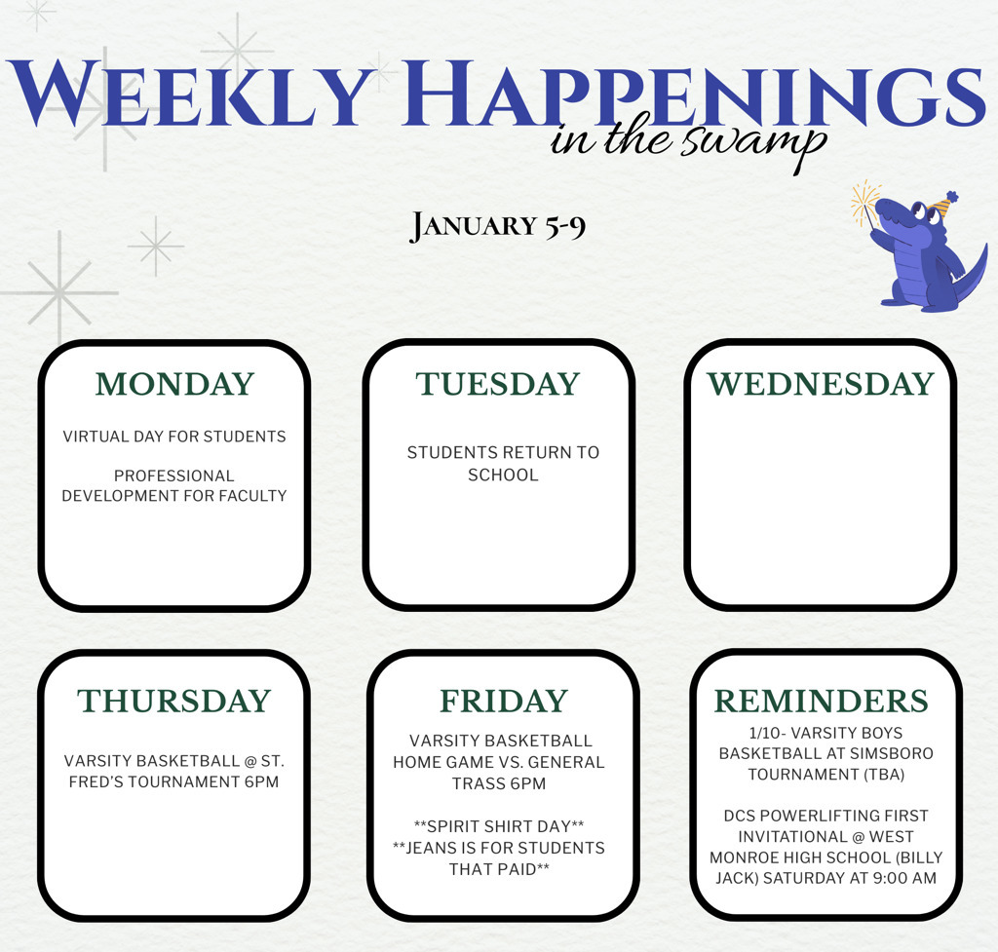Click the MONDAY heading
click(x=174, y=384)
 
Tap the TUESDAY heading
click(x=498, y=384)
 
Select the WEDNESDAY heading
click(x=820, y=384)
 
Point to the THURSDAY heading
click(x=174, y=701)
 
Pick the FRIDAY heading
click(x=503, y=701)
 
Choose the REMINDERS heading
click(x=822, y=701)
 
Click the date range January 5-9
click(x=498, y=226)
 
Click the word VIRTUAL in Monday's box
click(x=96, y=436)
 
